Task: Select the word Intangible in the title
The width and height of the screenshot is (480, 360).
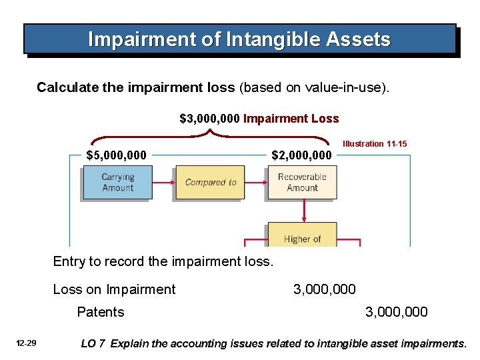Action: (263, 39)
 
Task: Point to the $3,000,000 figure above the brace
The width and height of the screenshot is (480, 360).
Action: (210, 119)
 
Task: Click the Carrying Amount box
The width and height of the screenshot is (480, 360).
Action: (117, 183)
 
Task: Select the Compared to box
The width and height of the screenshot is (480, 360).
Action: (211, 183)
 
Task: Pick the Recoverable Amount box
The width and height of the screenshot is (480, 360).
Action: (302, 183)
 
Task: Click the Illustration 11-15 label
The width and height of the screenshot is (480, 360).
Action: (375, 144)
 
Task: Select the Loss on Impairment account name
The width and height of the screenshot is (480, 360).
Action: (115, 289)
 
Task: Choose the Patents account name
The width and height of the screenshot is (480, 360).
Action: (101, 312)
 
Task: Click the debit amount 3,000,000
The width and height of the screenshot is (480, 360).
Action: (325, 289)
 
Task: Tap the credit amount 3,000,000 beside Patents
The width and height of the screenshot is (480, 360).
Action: (397, 312)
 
